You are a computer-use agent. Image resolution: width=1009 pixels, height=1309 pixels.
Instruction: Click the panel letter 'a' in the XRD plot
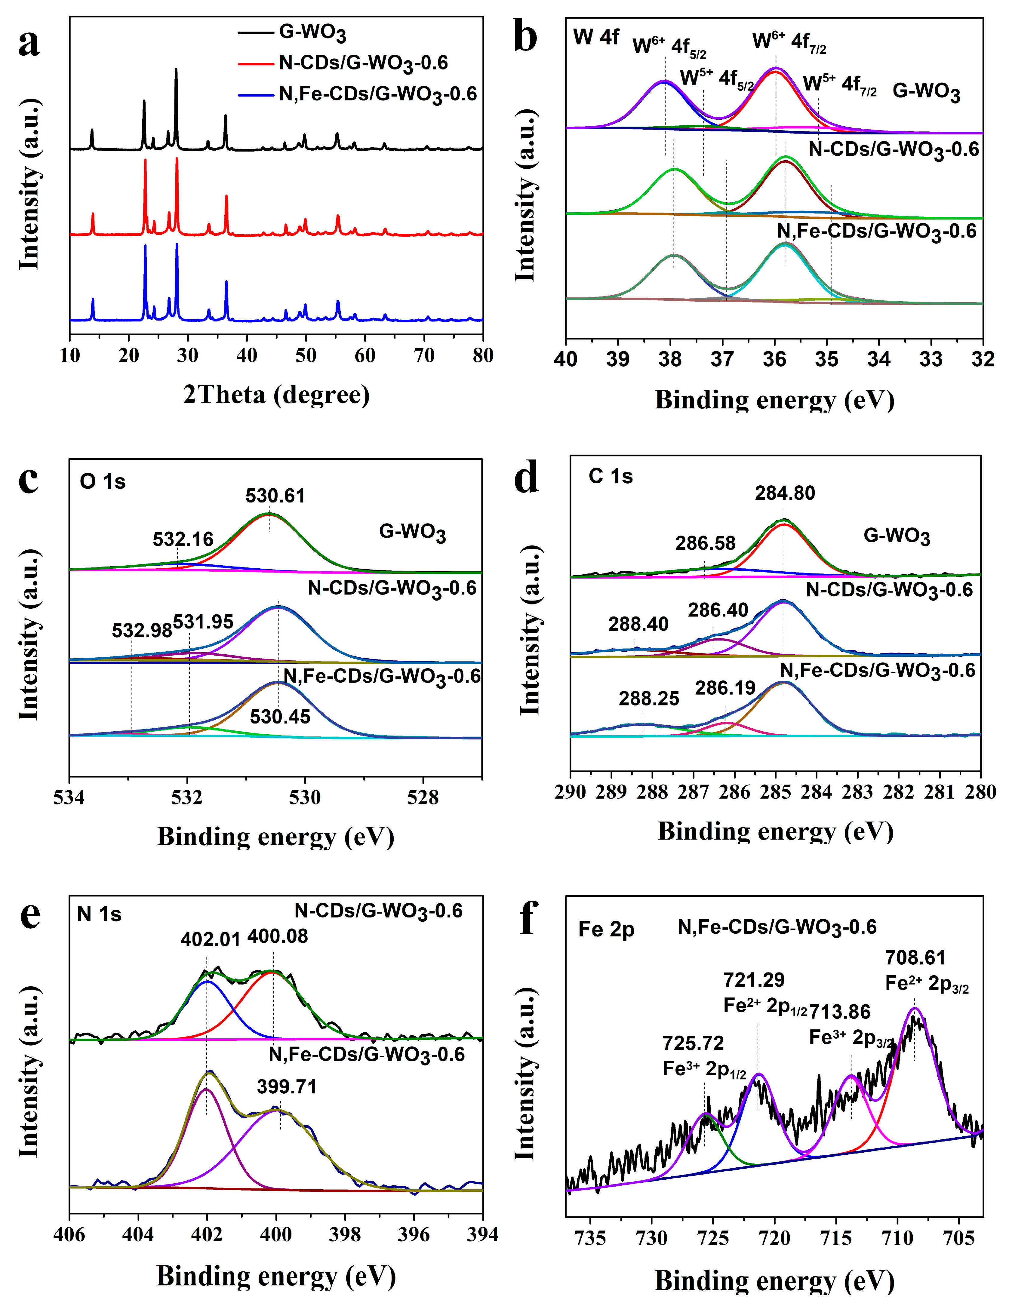[29, 44]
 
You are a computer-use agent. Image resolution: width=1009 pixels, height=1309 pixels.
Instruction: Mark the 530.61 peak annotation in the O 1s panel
[275, 496]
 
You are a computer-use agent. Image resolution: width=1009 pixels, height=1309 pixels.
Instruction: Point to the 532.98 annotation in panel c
[141, 631]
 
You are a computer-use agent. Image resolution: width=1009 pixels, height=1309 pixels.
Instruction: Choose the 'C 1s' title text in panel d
[610, 476]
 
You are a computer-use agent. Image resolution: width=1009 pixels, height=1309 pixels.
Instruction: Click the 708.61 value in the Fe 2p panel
[915, 958]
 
